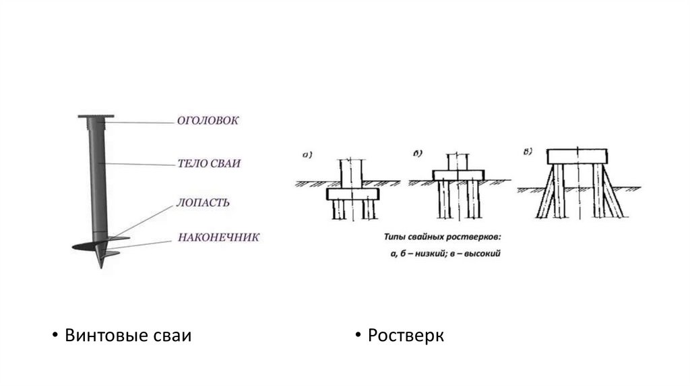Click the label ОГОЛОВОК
(x=208, y=121)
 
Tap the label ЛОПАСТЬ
(x=203, y=202)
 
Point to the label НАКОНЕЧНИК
(x=218, y=237)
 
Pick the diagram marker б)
(x=418, y=154)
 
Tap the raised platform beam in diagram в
(x=579, y=156)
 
